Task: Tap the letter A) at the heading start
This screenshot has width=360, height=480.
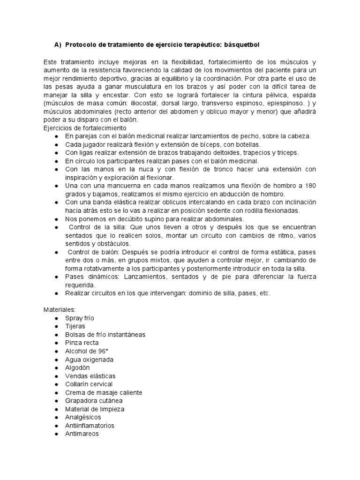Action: click(58, 45)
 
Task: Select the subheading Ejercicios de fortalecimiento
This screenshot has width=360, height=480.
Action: click(84, 128)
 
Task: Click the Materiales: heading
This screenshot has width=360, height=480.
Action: click(59, 310)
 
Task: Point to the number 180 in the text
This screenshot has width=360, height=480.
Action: click(310, 186)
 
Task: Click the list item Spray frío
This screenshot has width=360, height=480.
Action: click(80, 318)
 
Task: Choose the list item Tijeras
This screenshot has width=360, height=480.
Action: click(75, 326)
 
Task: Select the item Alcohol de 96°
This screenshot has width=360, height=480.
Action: click(86, 351)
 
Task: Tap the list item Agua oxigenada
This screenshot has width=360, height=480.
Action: click(89, 360)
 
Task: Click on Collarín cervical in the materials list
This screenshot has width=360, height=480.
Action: click(89, 384)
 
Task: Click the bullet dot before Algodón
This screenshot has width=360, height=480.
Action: click(57, 368)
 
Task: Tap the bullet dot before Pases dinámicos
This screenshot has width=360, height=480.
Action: click(57, 277)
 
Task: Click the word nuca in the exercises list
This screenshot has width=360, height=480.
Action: click(135, 169)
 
